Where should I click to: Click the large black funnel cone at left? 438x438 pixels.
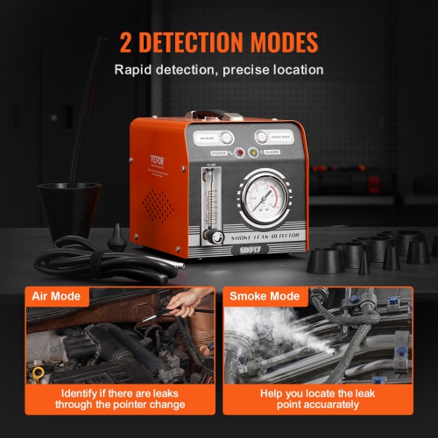tap(69, 210)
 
